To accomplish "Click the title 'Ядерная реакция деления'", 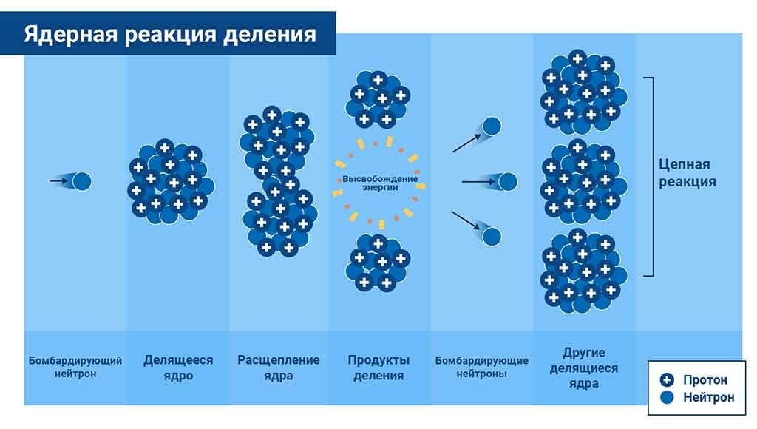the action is tap(169, 35).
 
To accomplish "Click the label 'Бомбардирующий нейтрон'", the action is tap(75, 367).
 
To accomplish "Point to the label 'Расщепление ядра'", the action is tap(279, 368).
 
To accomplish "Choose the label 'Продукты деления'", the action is tap(378, 368).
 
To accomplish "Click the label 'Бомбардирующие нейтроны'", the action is tap(481, 367).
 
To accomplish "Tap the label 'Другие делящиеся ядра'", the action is tap(584, 368).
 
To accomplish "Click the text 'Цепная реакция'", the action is tap(688, 172).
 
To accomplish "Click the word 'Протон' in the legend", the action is tap(705, 380).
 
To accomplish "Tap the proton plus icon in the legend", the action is tap(668, 380).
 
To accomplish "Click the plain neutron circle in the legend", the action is tap(668, 398).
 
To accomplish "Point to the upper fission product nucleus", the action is tap(378, 98).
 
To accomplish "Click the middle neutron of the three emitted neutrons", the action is tap(507, 180).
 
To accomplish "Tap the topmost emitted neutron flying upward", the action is tap(492, 126).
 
